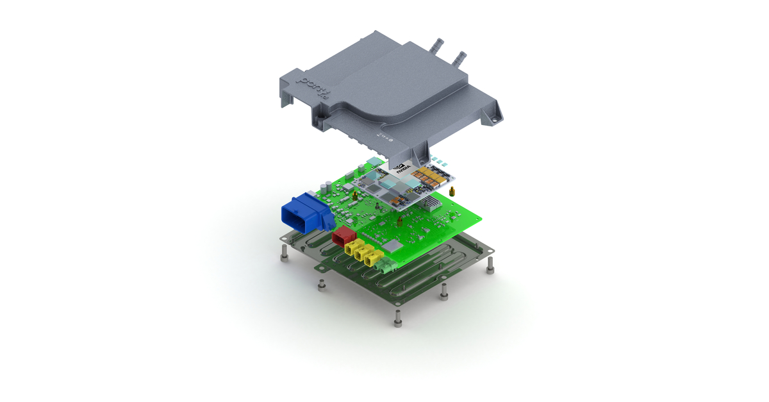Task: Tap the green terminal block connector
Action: click(x=386, y=265)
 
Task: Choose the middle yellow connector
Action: click(x=362, y=253)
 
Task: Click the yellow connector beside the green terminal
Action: click(x=372, y=258)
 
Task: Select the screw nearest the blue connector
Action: click(x=284, y=255)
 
